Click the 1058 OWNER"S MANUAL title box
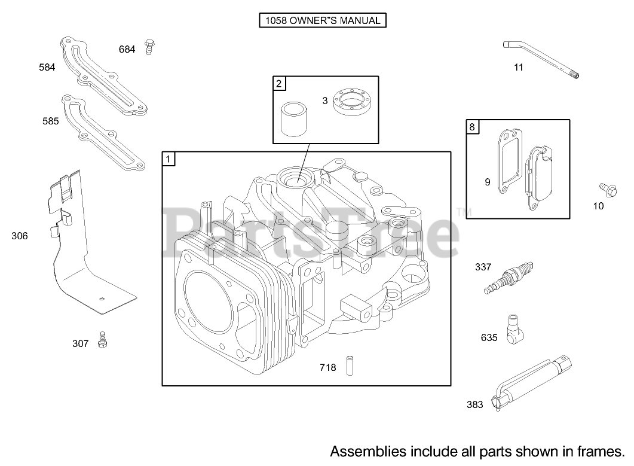[322, 20]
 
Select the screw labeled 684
[149, 47]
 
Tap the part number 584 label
[47, 67]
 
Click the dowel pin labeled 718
[350, 366]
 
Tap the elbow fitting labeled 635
[515, 330]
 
